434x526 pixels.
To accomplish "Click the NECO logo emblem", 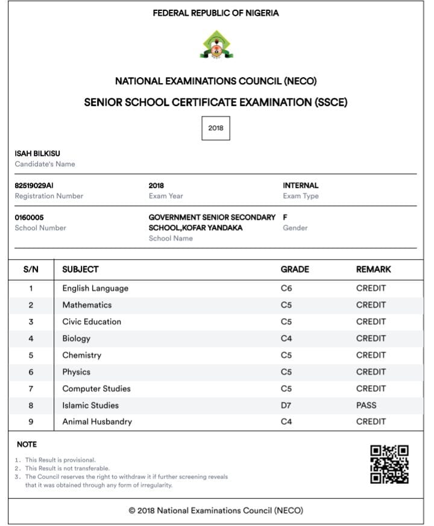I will tap(216, 45).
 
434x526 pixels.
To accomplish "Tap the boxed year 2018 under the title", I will tap(216, 128).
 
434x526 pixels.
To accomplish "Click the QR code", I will tap(389, 464).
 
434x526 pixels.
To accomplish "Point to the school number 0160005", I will tap(29, 218).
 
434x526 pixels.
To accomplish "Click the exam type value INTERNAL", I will tap(300, 186).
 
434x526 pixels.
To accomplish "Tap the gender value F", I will tap(285, 218).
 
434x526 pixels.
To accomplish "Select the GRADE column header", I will tap(295, 269).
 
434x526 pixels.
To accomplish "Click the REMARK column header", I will tap(373, 269).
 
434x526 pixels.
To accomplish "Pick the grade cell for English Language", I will tap(286, 288).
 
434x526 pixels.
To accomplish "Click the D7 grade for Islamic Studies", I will tap(286, 405).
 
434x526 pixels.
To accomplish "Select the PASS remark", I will tap(366, 405).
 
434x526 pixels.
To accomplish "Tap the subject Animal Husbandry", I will tap(97, 422).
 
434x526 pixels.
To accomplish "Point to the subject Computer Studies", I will tap(96, 389).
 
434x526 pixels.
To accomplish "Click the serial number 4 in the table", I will tap(31, 339).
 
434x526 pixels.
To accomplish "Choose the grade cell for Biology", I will tap(286, 339).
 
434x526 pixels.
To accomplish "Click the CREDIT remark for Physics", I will tap(371, 372).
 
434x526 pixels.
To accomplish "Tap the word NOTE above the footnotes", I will tap(27, 444).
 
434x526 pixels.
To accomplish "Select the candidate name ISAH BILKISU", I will tap(37, 154).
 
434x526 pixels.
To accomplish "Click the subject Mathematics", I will tap(87, 305).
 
